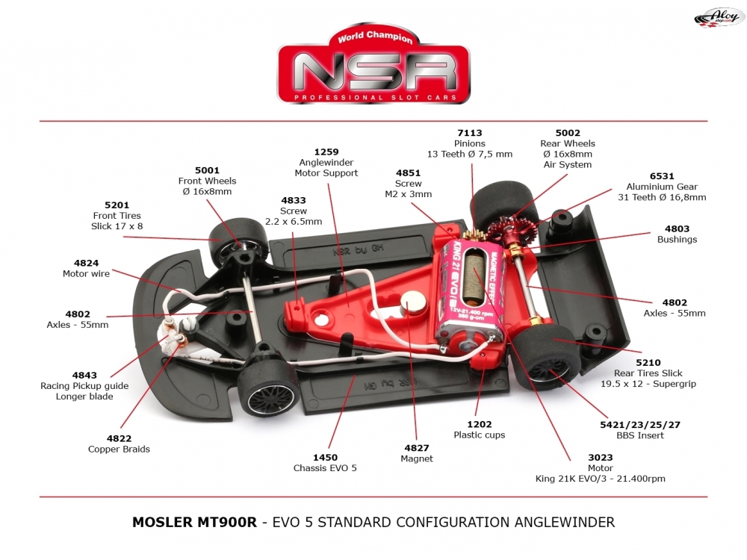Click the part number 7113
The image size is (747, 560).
tap(469, 133)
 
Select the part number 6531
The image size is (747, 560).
tap(661, 176)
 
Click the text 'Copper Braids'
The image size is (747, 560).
tap(119, 449)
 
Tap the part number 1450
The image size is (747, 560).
tap(325, 458)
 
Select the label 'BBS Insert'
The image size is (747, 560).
tap(639, 435)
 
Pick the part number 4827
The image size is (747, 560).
tap(416, 448)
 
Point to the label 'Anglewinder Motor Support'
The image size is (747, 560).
tap(326, 167)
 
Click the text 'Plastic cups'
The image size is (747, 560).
tap(479, 435)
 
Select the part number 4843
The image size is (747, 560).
tap(84, 376)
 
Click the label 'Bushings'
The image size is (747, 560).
tap(677, 240)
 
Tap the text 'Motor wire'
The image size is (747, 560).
tap(86, 274)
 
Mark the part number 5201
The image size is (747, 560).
tap(117, 205)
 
